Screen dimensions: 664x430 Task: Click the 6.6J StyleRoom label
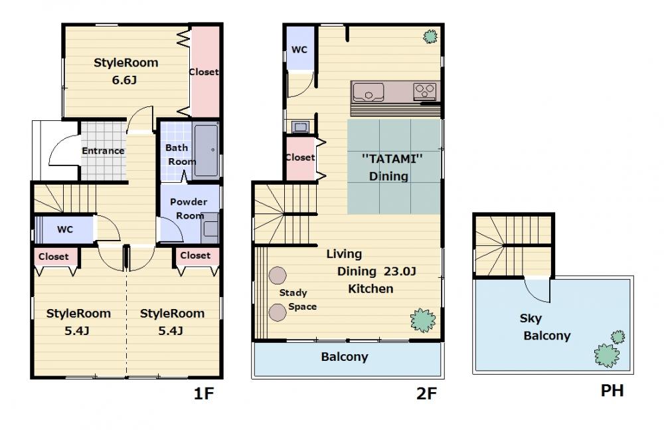(x=125, y=71)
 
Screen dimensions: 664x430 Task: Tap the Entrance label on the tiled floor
(x=103, y=151)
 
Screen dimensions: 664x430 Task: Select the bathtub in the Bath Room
(x=206, y=150)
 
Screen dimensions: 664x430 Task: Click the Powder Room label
(x=189, y=208)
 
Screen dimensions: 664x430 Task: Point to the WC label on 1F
(x=65, y=229)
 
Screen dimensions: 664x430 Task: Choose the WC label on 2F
(x=299, y=50)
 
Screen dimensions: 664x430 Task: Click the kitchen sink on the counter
(x=369, y=92)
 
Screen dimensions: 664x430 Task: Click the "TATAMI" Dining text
(x=392, y=167)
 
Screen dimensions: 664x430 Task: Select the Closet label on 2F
(x=300, y=158)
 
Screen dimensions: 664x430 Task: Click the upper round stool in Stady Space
(x=278, y=275)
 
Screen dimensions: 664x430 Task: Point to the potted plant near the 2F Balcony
(x=422, y=320)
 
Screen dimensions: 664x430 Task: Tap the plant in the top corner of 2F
(x=430, y=37)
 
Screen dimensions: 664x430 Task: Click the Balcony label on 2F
(x=344, y=357)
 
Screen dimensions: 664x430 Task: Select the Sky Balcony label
(x=545, y=327)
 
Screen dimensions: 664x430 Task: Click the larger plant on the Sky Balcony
(x=607, y=355)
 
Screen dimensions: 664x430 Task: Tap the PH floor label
(x=612, y=391)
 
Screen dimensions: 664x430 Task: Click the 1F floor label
(x=204, y=394)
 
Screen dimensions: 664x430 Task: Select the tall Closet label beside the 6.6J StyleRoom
(x=204, y=72)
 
